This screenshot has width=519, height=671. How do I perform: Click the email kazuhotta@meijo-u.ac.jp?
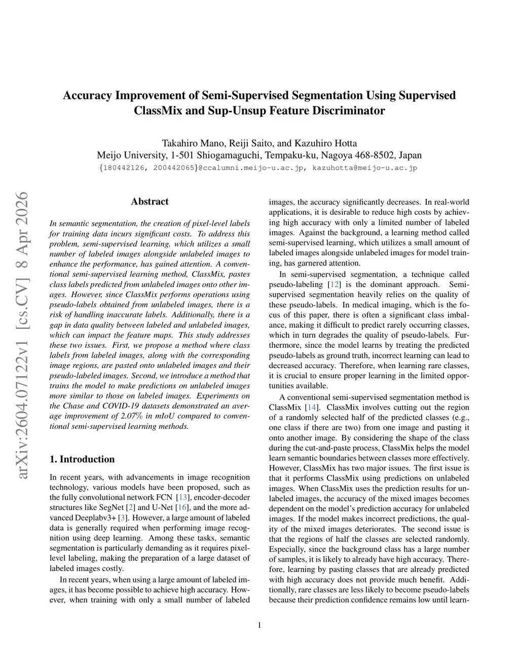[x=364, y=168]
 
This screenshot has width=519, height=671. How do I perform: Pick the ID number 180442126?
[x=123, y=168]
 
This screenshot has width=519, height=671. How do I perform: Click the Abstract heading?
[x=150, y=202]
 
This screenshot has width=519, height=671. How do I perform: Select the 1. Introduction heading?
[x=82, y=459]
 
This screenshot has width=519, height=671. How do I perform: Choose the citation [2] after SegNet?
[x=131, y=507]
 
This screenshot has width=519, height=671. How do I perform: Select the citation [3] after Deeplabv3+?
[x=122, y=518]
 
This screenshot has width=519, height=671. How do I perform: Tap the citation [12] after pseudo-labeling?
[x=334, y=285]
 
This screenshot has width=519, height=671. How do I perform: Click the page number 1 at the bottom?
[x=259, y=625]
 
